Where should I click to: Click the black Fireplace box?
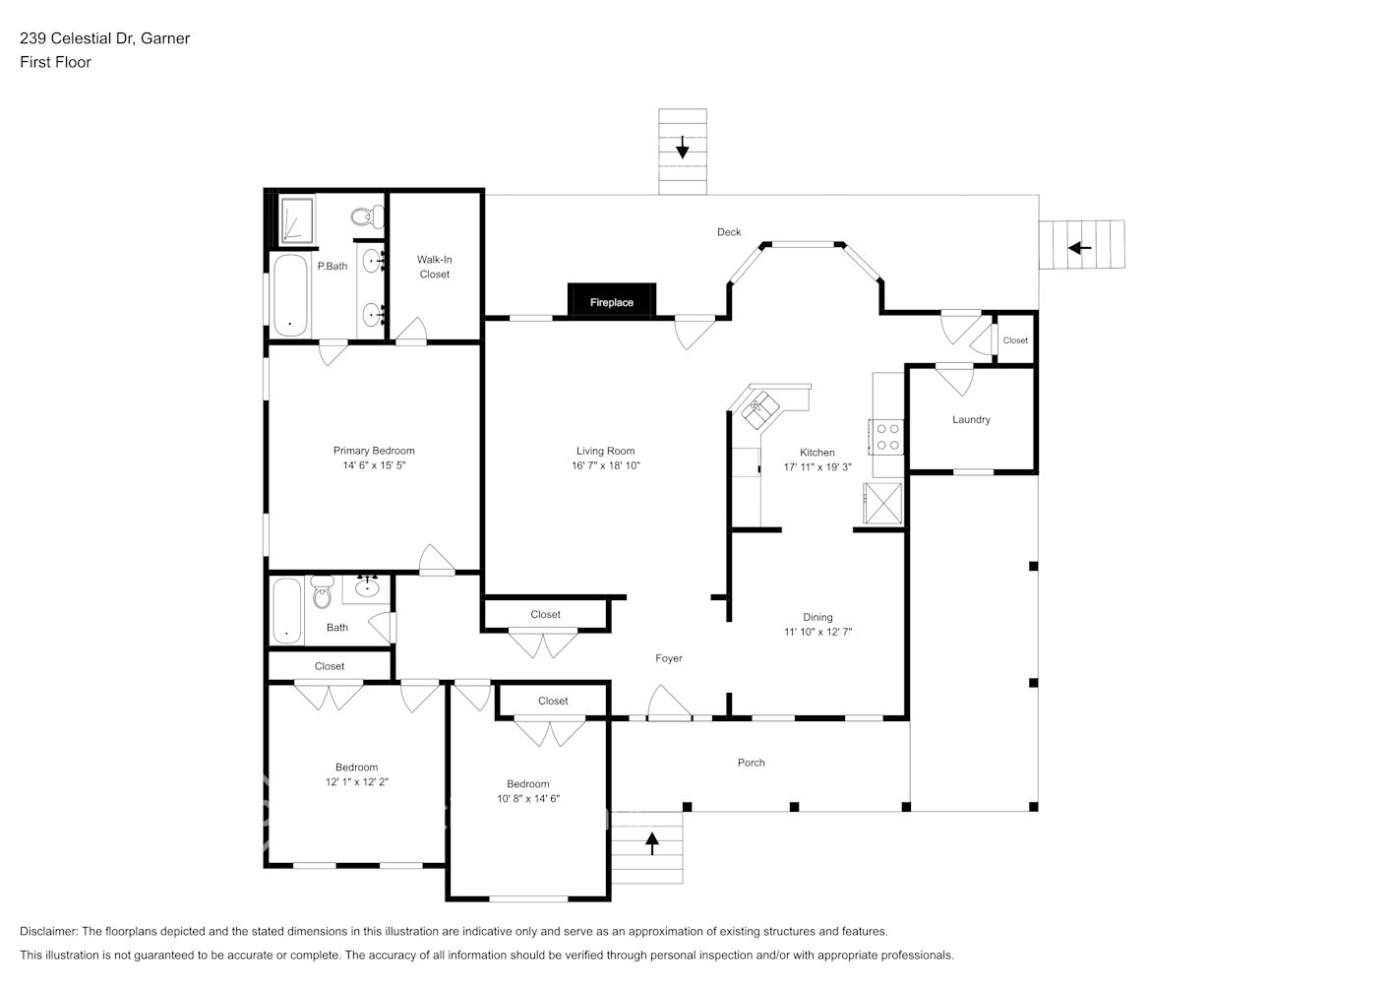coord(611,301)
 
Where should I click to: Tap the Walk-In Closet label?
coord(434,267)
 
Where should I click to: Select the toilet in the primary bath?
coord(366,215)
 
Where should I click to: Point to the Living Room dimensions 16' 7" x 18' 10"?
coord(605,465)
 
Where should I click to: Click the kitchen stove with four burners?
coord(887,437)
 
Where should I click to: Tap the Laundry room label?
coord(970,419)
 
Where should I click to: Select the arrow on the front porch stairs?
coord(651,843)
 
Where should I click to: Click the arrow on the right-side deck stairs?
coord(1080,247)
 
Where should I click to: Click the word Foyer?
coord(668,658)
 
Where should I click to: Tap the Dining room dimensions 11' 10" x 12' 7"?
coord(817,632)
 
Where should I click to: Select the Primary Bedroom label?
coord(374,451)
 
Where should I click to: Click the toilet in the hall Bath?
coord(322,592)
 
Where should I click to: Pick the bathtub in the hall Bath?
coord(286,611)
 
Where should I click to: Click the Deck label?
coord(729,232)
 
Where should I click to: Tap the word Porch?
coord(751,763)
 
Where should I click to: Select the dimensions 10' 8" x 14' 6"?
coord(528,799)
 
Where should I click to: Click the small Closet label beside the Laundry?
coord(1015,340)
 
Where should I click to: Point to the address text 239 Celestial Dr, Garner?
coord(105,38)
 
